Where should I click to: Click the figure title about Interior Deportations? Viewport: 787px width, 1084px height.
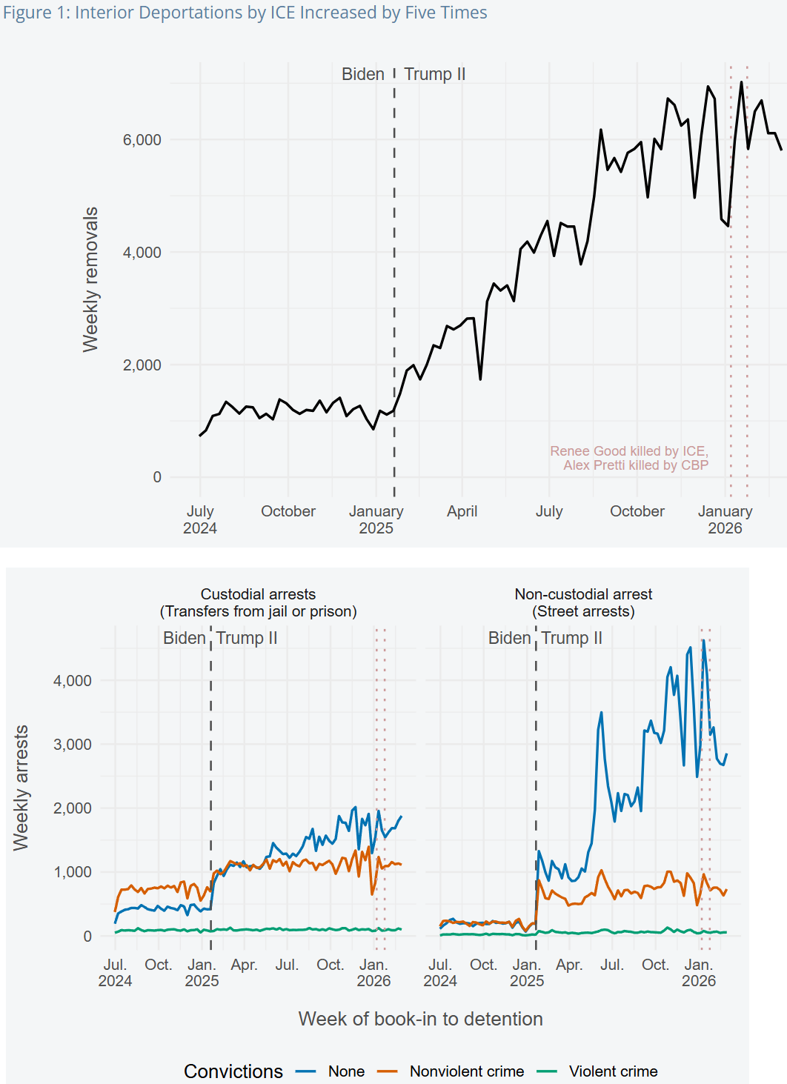tap(245, 13)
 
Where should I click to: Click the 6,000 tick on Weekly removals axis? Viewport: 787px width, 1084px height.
tap(142, 140)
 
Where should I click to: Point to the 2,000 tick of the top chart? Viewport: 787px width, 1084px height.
tap(142, 365)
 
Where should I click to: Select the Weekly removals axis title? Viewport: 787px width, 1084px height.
tap(90, 279)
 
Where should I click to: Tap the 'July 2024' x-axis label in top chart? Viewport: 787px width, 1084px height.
tap(200, 519)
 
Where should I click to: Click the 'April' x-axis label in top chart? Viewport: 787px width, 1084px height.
tap(462, 511)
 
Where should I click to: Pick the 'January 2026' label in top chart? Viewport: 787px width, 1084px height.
tap(725, 519)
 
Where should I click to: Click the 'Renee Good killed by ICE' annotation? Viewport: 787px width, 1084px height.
tap(628, 451)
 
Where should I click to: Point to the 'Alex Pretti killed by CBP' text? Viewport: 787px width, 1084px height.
tap(635, 465)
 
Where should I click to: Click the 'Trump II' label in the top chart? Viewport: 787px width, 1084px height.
tap(435, 74)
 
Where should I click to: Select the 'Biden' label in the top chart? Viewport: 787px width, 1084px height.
tap(362, 74)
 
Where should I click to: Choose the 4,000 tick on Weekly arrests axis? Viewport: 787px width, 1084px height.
tap(72, 681)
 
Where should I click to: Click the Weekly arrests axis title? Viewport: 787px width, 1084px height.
tap(21, 788)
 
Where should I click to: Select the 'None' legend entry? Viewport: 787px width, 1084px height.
tap(346, 1071)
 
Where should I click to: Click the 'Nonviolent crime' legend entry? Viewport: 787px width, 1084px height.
tap(466, 1071)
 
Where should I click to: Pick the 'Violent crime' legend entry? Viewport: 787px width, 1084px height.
tap(613, 1071)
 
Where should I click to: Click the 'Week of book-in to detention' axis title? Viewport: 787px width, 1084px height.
tap(420, 1019)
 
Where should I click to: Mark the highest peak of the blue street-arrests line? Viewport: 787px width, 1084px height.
tap(703, 640)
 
